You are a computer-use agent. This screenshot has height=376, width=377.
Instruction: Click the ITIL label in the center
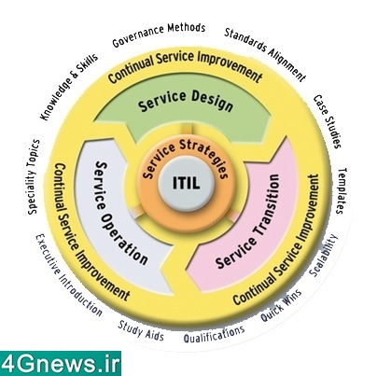(x=186, y=183)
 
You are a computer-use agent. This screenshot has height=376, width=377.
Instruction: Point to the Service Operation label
(x=119, y=213)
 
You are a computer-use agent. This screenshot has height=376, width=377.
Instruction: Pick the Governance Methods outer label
(x=159, y=35)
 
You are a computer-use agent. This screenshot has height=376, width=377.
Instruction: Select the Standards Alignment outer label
(x=265, y=54)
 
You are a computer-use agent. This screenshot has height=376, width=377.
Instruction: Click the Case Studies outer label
(x=328, y=121)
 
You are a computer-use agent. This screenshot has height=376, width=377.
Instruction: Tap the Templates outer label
(x=342, y=191)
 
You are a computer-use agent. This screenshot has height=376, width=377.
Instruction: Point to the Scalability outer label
(x=324, y=256)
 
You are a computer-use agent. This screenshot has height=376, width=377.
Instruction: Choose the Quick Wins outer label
(x=281, y=305)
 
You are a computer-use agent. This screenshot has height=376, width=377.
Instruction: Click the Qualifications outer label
(x=214, y=334)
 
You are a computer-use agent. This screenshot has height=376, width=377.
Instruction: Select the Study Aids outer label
(x=141, y=330)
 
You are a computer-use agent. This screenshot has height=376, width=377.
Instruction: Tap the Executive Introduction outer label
(x=68, y=275)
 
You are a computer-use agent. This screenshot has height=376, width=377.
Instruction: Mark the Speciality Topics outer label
(x=34, y=177)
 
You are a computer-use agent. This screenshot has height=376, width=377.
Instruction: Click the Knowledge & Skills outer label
(x=69, y=87)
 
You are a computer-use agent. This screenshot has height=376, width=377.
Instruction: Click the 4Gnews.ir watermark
(x=60, y=363)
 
